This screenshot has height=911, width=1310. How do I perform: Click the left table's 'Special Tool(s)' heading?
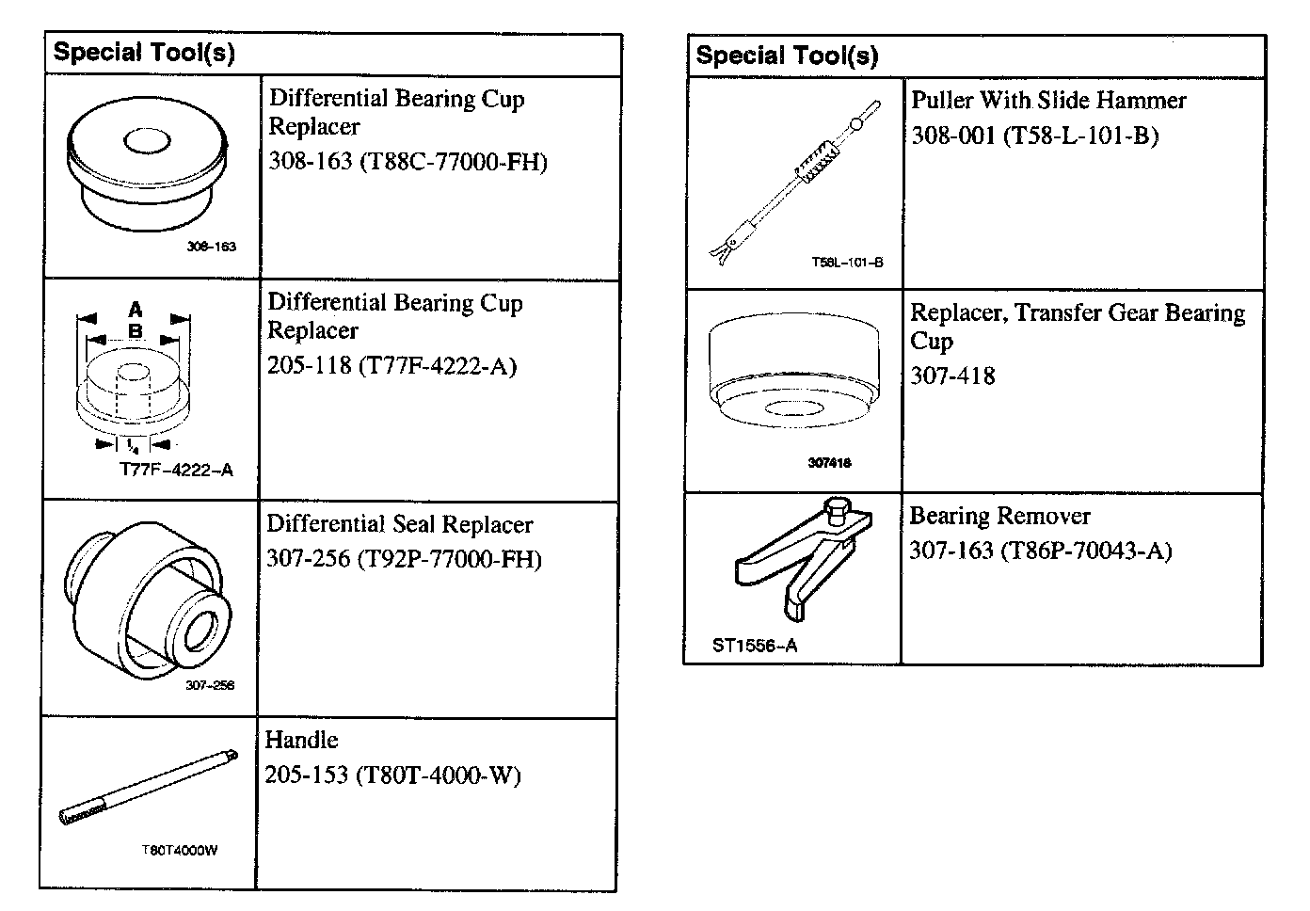(x=144, y=53)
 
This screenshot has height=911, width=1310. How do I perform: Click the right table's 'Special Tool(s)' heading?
(x=787, y=56)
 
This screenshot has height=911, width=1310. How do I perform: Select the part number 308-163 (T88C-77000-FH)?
(x=407, y=161)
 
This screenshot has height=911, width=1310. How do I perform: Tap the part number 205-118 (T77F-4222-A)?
(x=391, y=365)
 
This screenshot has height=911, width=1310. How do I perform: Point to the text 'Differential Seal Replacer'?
(x=400, y=524)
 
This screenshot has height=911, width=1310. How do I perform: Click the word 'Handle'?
(x=301, y=740)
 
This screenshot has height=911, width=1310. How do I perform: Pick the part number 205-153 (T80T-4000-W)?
(x=392, y=775)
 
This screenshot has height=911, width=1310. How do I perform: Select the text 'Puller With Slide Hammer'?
(x=1048, y=100)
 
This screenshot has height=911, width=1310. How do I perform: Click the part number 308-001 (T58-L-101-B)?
(x=1034, y=136)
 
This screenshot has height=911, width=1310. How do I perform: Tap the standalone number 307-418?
(x=952, y=376)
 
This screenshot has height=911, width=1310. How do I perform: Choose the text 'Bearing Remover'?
(x=999, y=516)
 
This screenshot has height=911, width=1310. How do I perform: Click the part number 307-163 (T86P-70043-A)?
(x=1040, y=551)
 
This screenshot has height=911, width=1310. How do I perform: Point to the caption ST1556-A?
(x=755, y=646)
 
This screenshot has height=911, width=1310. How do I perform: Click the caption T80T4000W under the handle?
(x=180, y=851)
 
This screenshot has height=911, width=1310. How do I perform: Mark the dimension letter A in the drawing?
(x=135, y=309)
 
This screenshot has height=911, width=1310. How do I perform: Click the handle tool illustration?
(x=146, y=785)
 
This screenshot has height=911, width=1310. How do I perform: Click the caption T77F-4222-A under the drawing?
(x=176, y=470)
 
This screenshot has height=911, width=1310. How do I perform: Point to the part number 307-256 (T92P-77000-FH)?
(x=404, y=559)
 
